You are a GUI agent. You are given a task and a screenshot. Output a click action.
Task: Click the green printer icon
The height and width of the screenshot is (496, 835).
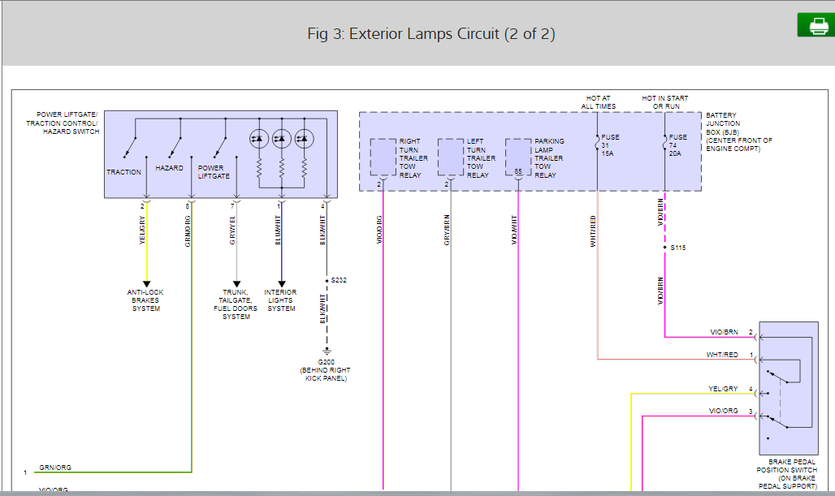[816, 26]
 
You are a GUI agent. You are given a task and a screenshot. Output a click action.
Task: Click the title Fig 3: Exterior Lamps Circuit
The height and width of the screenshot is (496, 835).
[431, 34]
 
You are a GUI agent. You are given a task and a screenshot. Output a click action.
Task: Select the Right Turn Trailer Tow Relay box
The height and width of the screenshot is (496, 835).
[383, 157]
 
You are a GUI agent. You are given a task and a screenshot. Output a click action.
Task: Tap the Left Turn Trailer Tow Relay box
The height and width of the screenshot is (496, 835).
[450, 157]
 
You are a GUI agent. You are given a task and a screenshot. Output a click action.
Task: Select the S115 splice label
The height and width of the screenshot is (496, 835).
[678, 247]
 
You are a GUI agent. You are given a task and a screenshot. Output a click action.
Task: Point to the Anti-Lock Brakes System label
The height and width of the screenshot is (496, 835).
[146, 300]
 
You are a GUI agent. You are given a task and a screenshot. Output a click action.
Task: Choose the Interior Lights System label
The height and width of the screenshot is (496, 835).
[281, 300]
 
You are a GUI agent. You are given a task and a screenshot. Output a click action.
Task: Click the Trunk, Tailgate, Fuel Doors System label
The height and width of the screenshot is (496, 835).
[236, 304]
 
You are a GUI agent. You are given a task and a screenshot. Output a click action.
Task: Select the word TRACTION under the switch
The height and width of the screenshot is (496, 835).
[123, 172]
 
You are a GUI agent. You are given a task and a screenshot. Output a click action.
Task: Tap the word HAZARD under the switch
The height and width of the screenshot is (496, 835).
[170, 168]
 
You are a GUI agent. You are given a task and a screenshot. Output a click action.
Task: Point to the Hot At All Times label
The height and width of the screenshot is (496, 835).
[599, 102]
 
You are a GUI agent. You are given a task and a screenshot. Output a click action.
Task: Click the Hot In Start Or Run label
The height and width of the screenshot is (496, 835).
[664, 102]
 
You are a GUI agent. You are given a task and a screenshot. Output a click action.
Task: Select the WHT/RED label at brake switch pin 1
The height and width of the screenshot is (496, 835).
[722, 355]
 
